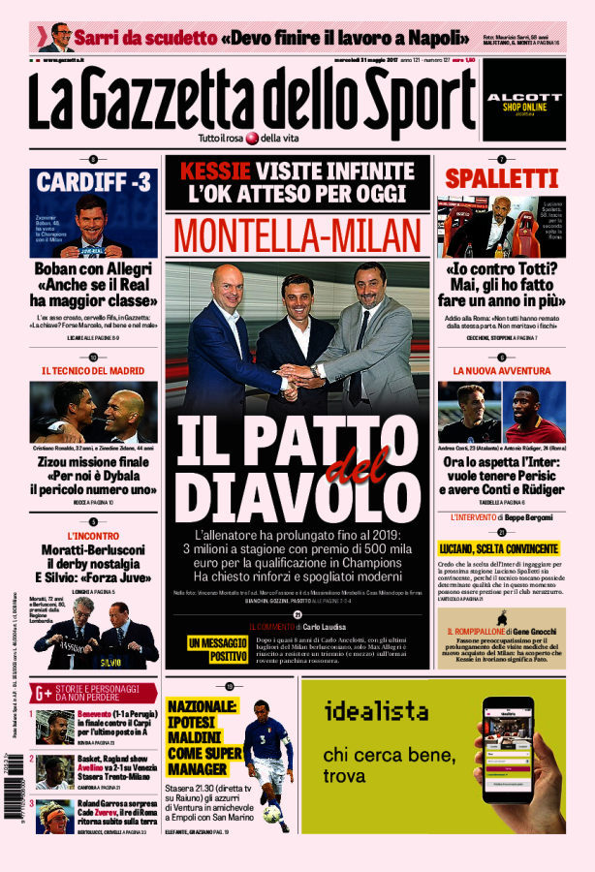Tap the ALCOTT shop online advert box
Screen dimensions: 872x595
click(x=523, y=100)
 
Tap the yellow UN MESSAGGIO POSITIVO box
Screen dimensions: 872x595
click(x=217, y=648)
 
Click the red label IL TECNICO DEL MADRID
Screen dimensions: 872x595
click(x=93, y=370)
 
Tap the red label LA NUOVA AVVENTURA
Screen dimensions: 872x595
click(x=502, y=370)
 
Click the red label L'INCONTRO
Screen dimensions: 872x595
click(x=93, y=535)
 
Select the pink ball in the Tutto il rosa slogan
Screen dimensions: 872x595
click(x=251, y=138)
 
